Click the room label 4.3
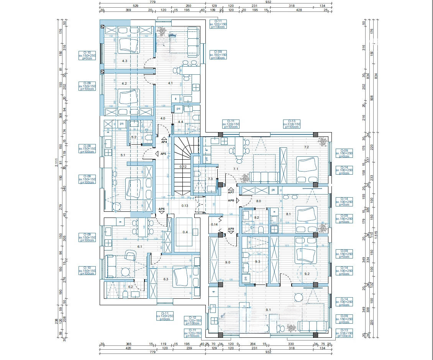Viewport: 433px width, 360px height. click(x=124, y=61)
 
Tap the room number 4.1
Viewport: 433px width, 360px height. click(x=170, y=83)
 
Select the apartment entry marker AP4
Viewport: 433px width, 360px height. click(x=164, y=142)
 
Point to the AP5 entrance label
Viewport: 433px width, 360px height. click(x=163, y=154)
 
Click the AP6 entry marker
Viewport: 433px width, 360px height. click(x=162, y=209)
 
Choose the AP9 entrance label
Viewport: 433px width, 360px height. click(x=231, y=229)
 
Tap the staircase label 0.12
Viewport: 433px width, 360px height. click(x=184, y=167)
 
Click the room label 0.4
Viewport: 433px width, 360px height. click(x=185, y=232)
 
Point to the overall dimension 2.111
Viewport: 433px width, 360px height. click(x=56, y=165)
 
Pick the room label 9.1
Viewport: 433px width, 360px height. click(x=268, y=310)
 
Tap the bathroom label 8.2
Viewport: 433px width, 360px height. click(x=257, y=218)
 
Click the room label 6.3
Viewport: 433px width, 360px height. click(x=166, y=279)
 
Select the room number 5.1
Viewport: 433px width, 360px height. click(x=123, y=155)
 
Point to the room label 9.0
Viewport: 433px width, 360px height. click(x=228, y=262)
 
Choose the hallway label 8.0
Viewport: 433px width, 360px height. click(x=258, y=201)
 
